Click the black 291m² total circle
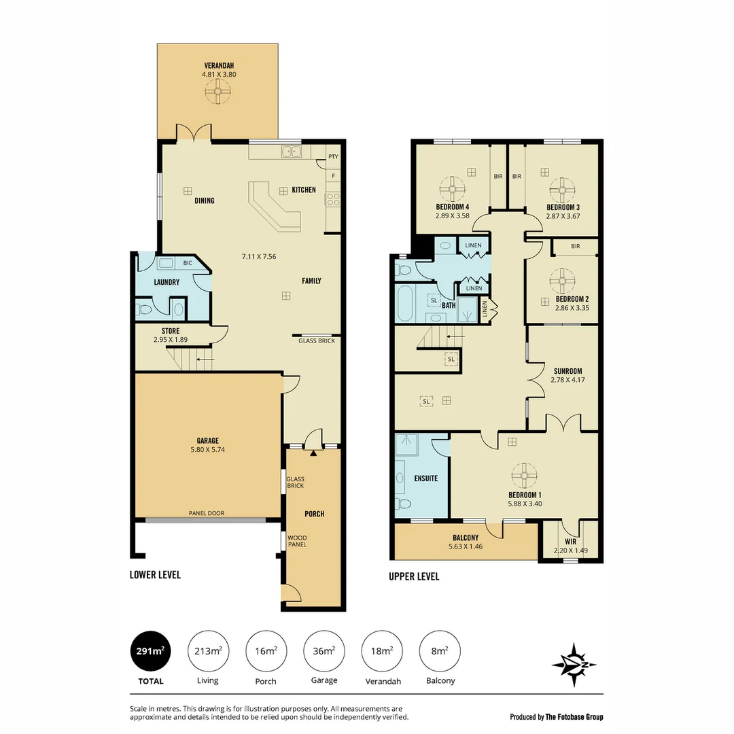[x=149, y=651]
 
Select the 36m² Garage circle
[x=324, y=651]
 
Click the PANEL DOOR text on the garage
[x=207, y=513]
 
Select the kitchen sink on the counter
[x=293, y=152]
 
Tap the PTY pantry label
[x=333, y=157]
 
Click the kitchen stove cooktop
[x=333, y=198]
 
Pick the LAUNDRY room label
[x=167, y=282]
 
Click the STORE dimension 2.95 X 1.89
[x=171, y=340]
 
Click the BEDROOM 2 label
[x=572, y=299]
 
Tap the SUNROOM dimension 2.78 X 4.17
[x=568, y=381]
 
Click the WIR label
[x=570, y=542]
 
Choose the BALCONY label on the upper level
[x=466, y=538]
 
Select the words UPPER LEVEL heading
[x=414, y=576]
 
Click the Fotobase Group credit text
[x=556, y=716]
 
